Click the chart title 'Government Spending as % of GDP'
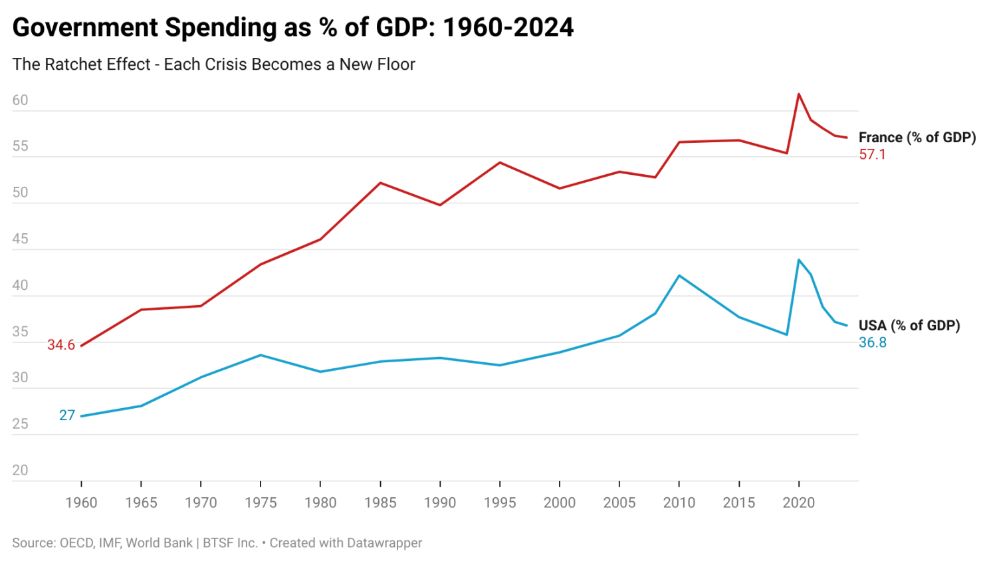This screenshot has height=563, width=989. pos(292,27)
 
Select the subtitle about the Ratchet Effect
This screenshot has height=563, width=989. pos(213,64)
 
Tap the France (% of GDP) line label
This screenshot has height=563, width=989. pos(917,138)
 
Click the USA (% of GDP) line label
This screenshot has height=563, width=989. pos(909,326)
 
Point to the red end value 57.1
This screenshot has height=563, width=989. pos(872,155)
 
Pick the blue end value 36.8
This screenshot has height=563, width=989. pos(872,343)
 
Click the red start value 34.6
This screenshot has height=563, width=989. pos(61,345)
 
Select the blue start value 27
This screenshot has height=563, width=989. pos(67,415)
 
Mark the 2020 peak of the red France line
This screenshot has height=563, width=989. pos(798,94)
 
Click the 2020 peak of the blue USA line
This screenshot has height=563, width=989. pos(798,260)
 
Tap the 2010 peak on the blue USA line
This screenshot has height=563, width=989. pos(679,275)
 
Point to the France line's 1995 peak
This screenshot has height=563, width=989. pos(500,162)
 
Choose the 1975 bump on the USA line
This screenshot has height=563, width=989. pos(261,355)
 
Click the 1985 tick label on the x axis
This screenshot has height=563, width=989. pos(380,503)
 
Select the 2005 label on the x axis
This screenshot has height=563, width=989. pos(619,503)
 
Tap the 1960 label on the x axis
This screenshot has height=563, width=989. pos(81,503)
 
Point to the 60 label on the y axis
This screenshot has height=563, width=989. pos(20,100)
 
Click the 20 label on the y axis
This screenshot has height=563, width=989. pos(20,471)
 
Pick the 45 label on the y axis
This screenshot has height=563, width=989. pos(20,239)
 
